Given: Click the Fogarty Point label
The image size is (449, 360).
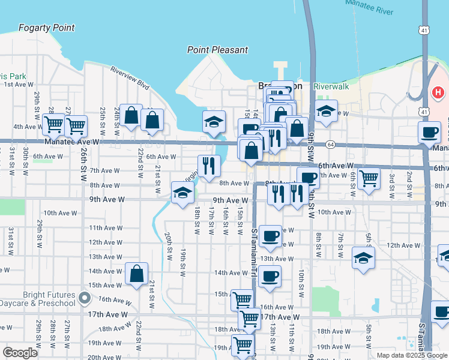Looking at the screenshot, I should (x=47, y=28).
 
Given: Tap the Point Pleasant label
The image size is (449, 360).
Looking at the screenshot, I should (x=217, y=50).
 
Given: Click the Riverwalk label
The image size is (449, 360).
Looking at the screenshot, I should (x=331, y=86).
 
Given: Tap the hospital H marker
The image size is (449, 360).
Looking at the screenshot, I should (x=439, y=93).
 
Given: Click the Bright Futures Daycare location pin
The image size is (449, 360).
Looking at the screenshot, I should (x=85, y=298).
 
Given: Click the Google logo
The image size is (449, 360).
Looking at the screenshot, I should (x=20, y=353).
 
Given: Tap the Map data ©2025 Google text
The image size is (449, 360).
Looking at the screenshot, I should (x=412, y=355).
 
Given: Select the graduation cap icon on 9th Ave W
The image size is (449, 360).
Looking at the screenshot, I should (x=182, y=193).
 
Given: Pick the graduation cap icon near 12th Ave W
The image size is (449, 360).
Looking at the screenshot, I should (x=363, y=259).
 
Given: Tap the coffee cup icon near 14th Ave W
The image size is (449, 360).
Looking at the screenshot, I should (x=270, y=277).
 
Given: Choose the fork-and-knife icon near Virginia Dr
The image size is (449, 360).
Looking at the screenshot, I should (x=209, y=166).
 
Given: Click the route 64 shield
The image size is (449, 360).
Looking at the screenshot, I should (x=331, y=145).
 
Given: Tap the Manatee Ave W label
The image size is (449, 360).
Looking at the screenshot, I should (x=71, y=142).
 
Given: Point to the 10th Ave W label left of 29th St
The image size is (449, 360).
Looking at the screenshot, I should (x=58, y=213).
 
